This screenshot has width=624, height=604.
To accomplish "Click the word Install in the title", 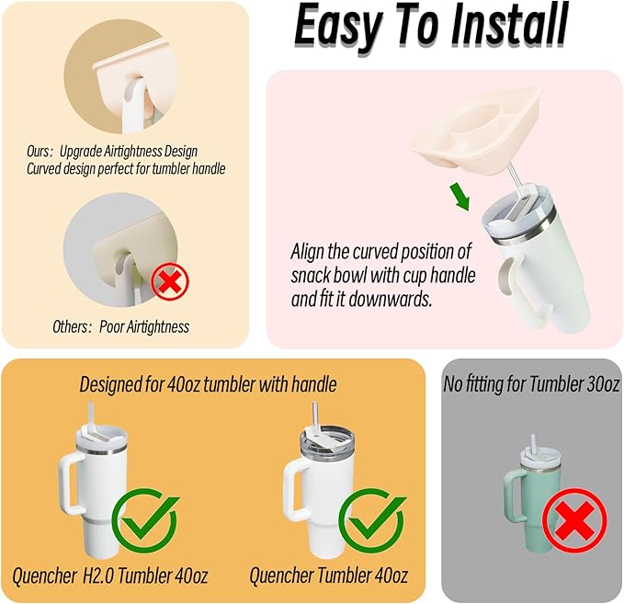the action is pos(509,27).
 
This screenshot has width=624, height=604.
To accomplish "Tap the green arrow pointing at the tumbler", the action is pos(459,196).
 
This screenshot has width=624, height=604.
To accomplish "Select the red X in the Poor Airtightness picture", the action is pos(170,282).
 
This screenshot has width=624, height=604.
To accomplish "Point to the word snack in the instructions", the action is pos(312,276).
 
